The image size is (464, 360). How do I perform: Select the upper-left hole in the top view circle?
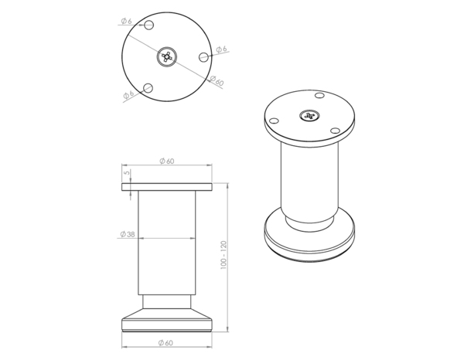coord(150,25)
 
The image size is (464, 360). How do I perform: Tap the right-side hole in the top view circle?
coord(203,56)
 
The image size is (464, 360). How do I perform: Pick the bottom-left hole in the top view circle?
coord(150,87)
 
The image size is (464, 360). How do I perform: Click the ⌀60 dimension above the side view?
coord(166,161)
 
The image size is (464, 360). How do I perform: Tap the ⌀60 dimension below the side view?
coord(166,341)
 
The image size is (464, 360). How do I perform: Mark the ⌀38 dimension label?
coord(128,233)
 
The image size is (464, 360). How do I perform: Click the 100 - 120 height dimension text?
coord(223,256)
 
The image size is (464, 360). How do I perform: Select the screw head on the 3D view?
coord(309,116)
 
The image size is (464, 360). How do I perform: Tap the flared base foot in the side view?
coord(166,319)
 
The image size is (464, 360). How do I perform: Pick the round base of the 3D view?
coord(309,239)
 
